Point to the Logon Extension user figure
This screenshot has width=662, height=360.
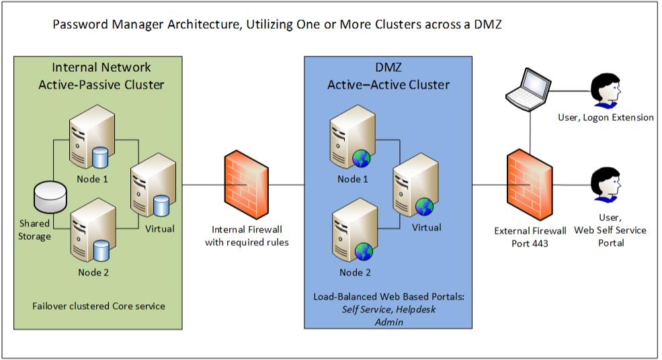pos(604,92)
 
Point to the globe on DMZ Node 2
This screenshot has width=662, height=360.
pos(364,252)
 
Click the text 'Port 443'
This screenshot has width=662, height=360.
pos(530,243)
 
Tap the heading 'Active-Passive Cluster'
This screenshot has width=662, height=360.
pos(101,85)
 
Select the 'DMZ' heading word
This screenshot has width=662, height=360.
pos(388,68)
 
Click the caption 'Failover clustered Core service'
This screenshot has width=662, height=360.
pos(98,306)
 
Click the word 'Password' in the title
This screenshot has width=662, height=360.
pos(76,25)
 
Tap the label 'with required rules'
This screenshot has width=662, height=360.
pos(247,242)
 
